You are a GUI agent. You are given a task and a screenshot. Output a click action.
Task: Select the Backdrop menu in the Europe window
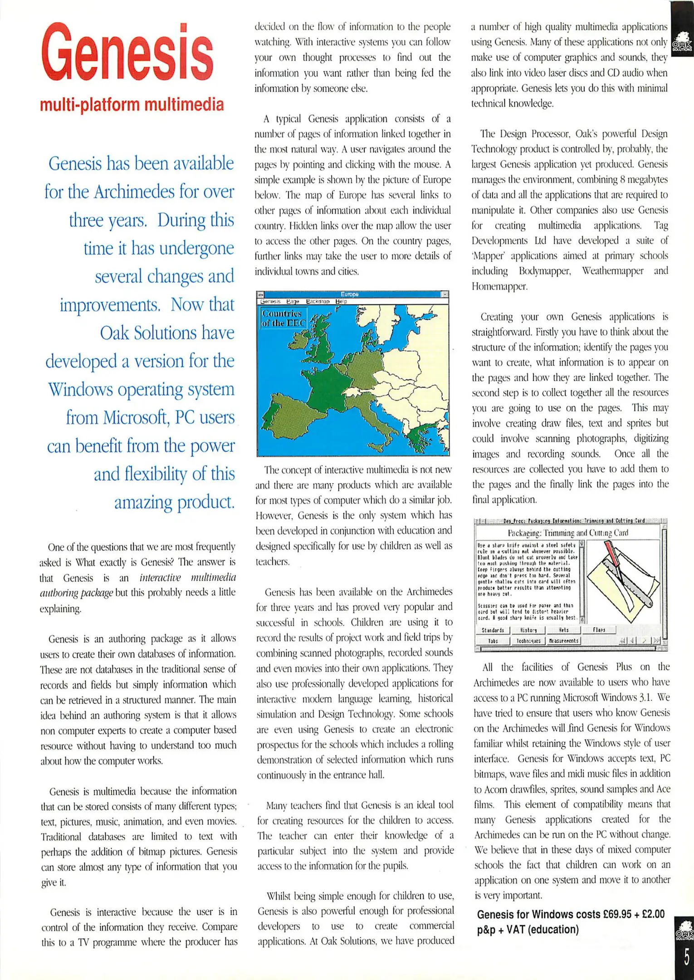[318, 301]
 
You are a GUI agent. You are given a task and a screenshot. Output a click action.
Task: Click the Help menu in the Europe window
[341, 301]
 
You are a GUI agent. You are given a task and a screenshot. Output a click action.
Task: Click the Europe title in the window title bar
[349, 294]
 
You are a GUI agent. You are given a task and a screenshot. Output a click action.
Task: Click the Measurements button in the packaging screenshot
[563, 641]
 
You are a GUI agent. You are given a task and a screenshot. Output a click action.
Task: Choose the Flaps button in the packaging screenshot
[599, 630]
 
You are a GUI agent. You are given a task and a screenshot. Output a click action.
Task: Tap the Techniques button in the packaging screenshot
[528, 641]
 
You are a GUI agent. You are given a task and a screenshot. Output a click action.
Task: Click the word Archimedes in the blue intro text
[134, 192]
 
